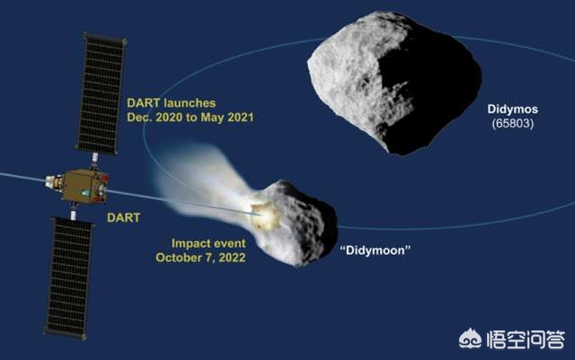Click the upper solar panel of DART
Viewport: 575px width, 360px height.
[101, 94]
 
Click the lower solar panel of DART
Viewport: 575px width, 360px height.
[70, 278]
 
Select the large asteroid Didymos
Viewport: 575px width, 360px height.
[394, 82]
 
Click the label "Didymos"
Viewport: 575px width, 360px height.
[512, 109]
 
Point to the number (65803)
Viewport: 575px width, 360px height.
[513, 123]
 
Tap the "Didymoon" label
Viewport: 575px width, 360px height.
[376, 250]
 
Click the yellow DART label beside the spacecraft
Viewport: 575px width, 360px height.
[124, 217]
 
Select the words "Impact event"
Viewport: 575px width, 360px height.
[208, 243]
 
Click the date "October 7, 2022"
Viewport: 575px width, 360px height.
[200, 258]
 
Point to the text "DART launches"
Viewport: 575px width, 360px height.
[172, 103]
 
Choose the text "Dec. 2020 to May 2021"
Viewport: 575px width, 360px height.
[190, 118]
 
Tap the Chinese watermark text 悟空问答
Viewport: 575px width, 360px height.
[526, 339]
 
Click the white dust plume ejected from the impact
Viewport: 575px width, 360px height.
[206, 183]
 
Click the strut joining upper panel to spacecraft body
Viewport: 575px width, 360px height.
[94, 162]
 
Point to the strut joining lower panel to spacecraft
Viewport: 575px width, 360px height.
[74, 212]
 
